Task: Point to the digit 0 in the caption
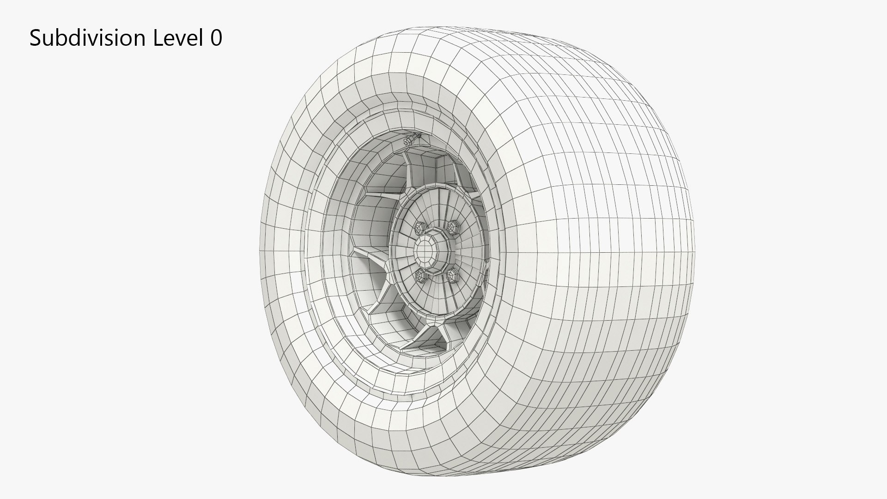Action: (216, 38)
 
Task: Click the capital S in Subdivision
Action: (35, 38)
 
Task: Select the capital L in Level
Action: (158, 38)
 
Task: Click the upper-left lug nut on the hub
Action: (420, 227)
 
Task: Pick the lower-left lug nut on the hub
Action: (421, 276)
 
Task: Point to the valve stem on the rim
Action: (410, 140)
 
